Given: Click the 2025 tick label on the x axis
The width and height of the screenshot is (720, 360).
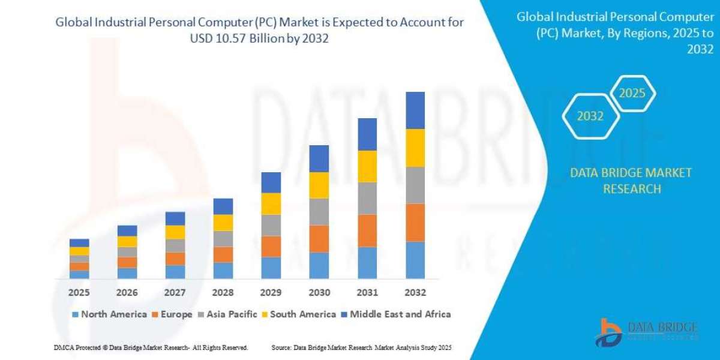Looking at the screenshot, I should tap(79, 293).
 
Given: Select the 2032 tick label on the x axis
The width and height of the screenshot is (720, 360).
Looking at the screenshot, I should tap(415, 293).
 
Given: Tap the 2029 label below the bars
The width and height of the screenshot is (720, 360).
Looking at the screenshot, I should tap(271, 293).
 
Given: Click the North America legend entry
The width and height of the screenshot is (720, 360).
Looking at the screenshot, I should tap(109, 314).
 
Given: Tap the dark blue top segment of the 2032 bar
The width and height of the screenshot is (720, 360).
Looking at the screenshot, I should tap(415, 110).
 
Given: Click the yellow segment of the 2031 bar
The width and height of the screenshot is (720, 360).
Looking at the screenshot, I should tap(367, 166).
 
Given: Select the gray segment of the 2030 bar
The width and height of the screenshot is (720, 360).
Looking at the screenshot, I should tap(319, 211).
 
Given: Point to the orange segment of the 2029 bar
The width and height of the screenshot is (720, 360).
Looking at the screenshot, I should tap(271, 246).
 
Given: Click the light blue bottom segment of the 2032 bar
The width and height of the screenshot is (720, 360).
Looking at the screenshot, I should tap(415, 260).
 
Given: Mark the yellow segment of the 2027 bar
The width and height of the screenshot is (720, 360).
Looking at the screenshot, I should tap(175, 232).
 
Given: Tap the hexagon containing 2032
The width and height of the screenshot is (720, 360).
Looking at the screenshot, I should tap(590, 116).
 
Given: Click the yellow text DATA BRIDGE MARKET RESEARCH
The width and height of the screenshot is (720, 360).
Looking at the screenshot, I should tap(630, 181).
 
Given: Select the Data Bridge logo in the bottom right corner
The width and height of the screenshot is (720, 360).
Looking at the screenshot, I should tap(647, 331).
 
